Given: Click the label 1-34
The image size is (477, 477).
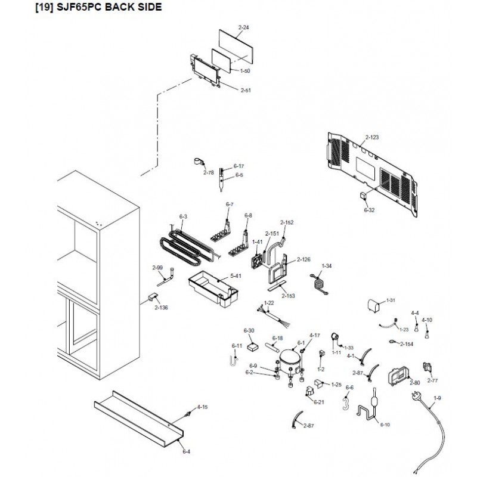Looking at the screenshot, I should [x=326, y=265].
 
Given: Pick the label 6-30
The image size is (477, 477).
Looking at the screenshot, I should [x=249, y=330].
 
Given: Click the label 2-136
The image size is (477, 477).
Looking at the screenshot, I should [x=161, y=308].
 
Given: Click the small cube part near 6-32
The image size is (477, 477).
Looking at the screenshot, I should [x=363, y=196].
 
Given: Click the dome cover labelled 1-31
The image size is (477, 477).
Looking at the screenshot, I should [x=374, y=306].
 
